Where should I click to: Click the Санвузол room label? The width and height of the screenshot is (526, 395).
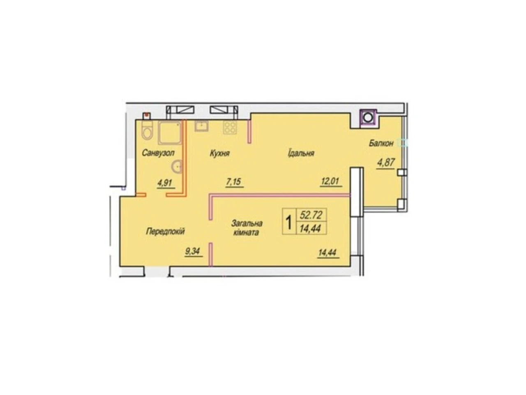[x=158, y=153]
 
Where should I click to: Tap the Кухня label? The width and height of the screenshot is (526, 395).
[x=219, y=153]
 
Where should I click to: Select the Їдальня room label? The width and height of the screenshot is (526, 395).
[x=301, y=153]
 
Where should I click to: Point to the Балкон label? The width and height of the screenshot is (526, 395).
[x=381, y=144]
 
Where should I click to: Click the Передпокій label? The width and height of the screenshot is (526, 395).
[x=165, y=231]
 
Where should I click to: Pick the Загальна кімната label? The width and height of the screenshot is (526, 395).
[x=247, y=228]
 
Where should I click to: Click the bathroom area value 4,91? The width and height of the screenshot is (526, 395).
[x=165, y=183]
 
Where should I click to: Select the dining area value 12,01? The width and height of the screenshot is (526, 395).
[x=330, y=181]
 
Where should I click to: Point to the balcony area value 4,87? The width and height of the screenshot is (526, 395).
[x=386, y=163]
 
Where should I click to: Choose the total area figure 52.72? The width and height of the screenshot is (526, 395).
[x=311, y=215]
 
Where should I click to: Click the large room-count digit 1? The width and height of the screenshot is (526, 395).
[x=289, y=222]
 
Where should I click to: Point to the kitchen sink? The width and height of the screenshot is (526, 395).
[x=201, y=125]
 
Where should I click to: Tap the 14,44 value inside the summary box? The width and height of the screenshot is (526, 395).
[x=311, y=228]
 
